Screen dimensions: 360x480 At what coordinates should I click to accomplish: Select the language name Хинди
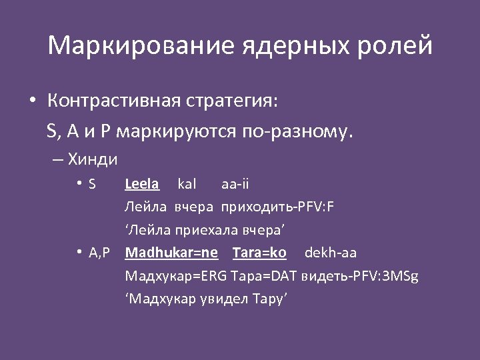(x=93, y=159)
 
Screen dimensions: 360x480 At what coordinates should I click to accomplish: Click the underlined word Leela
(x=141, y=183)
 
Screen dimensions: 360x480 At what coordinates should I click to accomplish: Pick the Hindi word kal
(x=187, y=183)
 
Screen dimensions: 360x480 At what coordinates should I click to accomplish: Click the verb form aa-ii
(x=235, y=183)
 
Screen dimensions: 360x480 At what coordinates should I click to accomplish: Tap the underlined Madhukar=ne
(x=171, y=253)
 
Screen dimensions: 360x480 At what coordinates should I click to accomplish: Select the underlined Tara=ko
(x=259, y=253)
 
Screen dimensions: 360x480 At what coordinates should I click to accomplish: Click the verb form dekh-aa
(x=331, y=253)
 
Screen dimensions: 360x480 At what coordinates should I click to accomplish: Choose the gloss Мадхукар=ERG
(x=177, y=276)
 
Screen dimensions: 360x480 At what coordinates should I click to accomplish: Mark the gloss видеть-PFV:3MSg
(x=360, y=276)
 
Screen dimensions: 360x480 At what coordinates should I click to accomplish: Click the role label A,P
(x=99, y=253)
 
